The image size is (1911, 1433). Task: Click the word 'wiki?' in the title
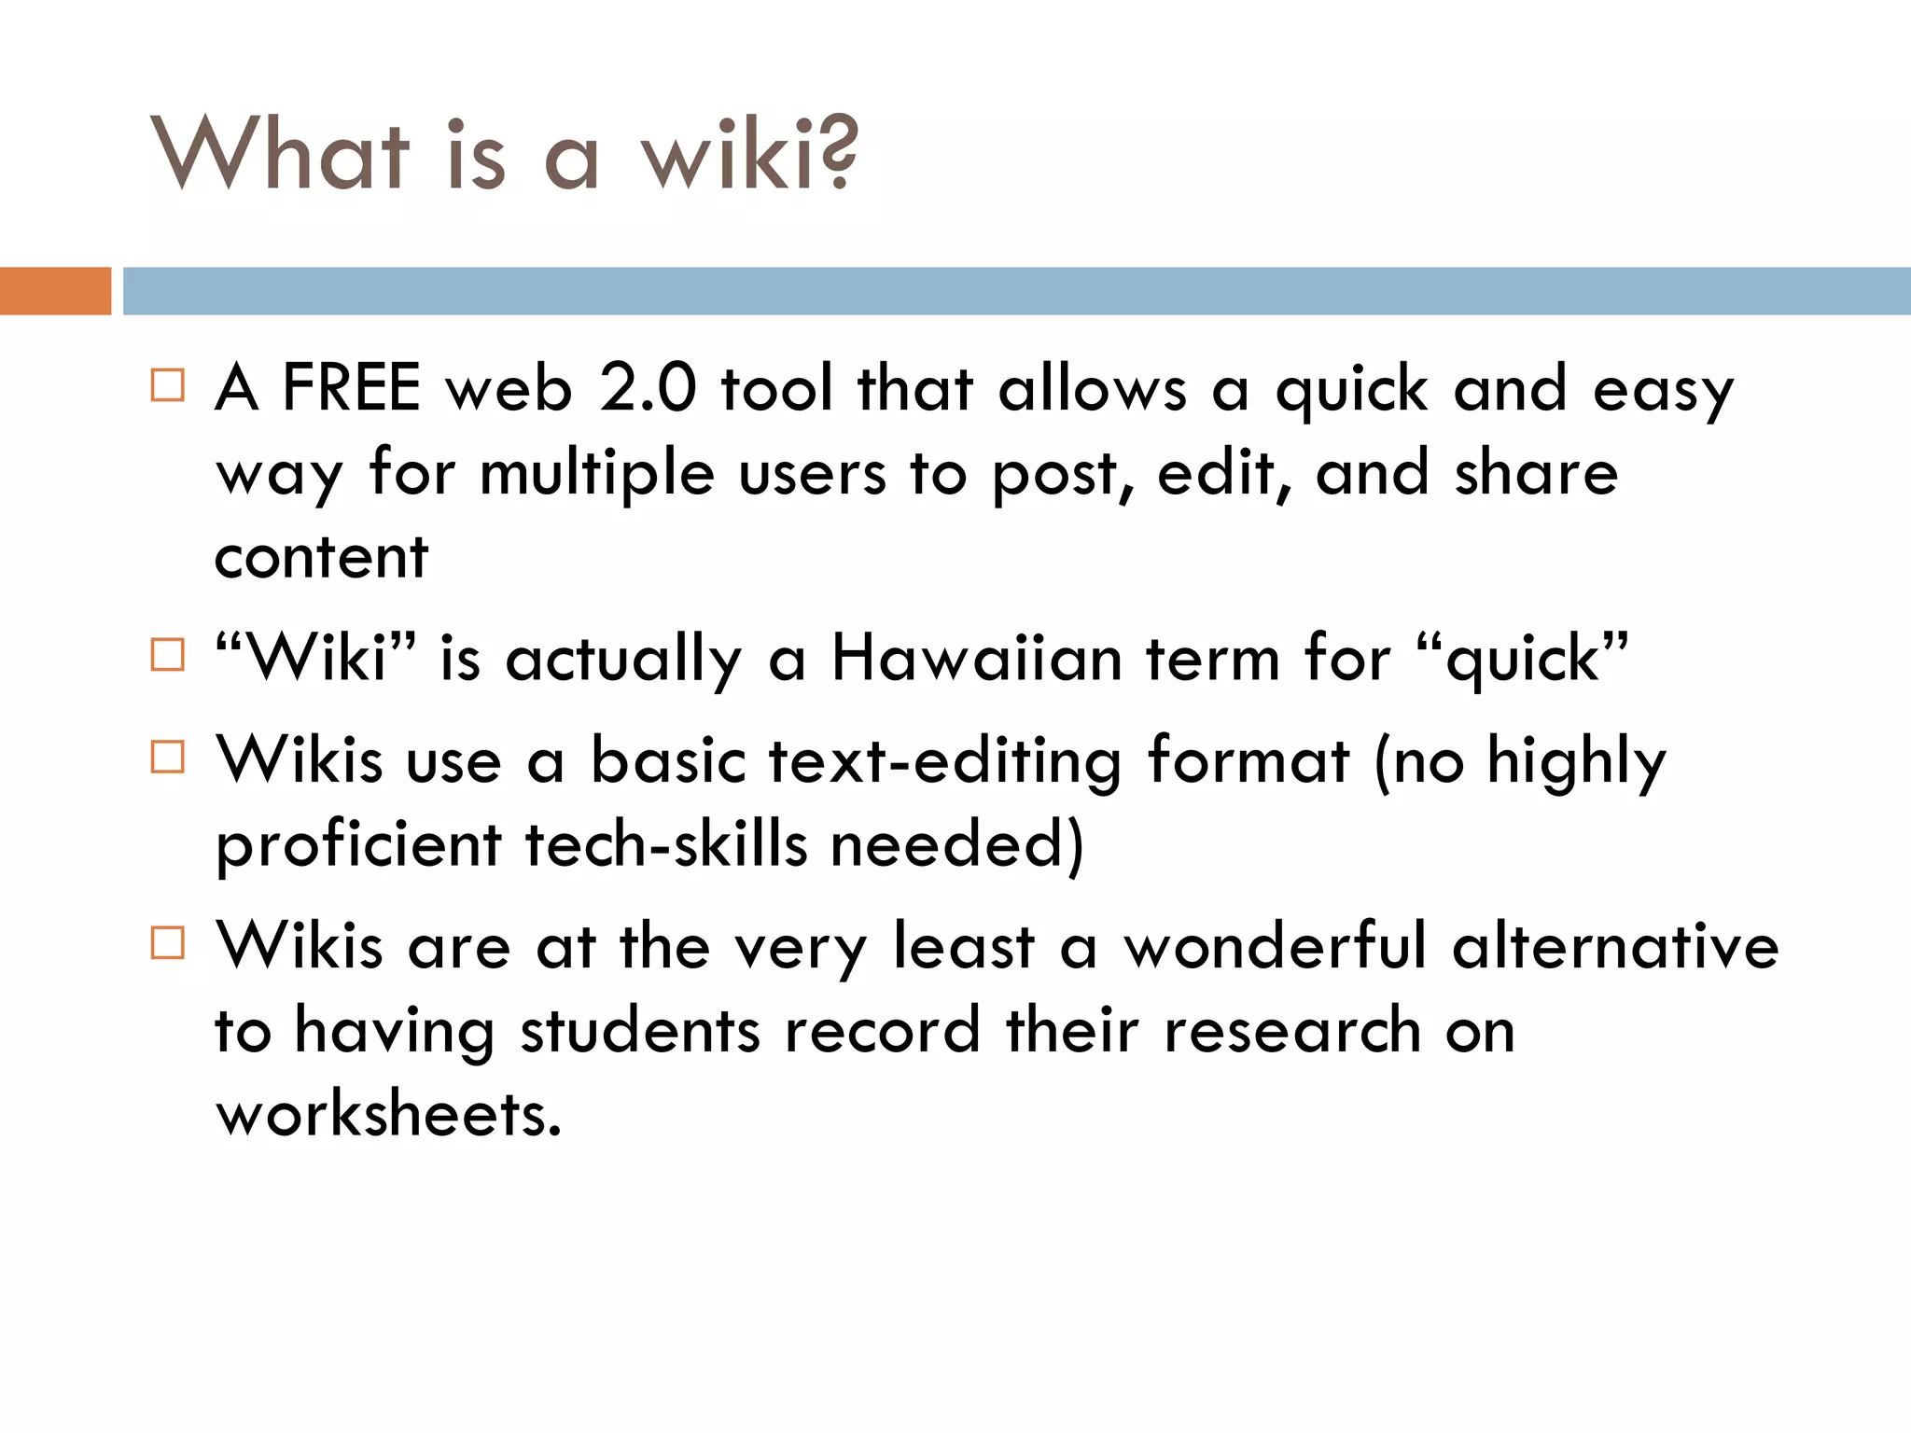point(748,154)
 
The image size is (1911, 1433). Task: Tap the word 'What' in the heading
point(280,154)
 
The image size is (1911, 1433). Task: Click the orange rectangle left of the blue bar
point(55,290)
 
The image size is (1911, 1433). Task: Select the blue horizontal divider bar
point(1016,290)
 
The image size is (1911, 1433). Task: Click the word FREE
point(351,388)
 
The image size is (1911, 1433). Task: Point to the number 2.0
point(648,388)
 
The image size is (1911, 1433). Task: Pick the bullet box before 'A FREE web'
point(168,384)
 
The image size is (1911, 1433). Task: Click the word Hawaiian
point(976,659)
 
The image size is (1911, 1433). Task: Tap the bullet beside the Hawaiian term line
point(168,655)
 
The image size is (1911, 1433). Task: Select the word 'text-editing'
point(944,760)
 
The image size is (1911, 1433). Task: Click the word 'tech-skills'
point(666,844)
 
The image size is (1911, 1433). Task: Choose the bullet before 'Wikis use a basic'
point(168,757)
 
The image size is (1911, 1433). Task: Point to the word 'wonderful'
point(1275,946)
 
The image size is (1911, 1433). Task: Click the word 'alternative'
point(1615,946)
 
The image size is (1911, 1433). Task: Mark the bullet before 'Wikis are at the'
point(168,943)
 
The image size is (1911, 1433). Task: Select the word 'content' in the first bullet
point(321,557)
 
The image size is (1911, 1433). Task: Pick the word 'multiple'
point(597,473)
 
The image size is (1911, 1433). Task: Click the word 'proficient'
point(358,844)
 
